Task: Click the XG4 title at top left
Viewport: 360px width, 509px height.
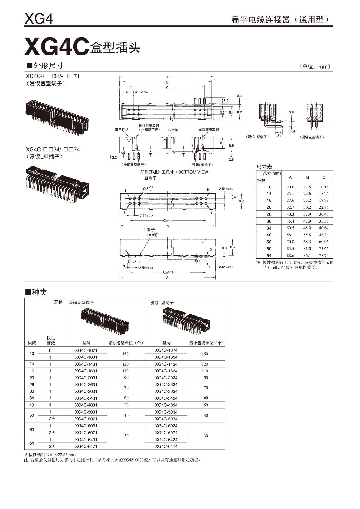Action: click(x=39, y=19)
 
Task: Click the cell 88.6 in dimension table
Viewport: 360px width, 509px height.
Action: click(x=290, y=256)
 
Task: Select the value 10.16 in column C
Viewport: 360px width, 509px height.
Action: click(x=324, y=187)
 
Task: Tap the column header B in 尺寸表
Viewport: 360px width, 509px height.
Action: click(x=307, y=177)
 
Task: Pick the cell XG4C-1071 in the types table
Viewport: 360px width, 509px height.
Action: click(x=86, y=350)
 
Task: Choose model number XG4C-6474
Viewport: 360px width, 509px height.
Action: click(x=166, y=446)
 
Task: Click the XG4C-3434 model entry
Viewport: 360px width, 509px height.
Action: click(x=166, y=398)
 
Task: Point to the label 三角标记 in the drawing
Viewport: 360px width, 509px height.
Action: click(x=122, y=130)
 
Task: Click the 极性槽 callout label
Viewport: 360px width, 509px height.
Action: click(x=173, y=130)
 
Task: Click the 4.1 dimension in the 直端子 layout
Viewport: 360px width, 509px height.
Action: click(x=236, y=197)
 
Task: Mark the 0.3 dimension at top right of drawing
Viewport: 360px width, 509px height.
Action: click(x=239, y=96)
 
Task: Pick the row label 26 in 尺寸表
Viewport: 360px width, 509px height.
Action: click(x=269, y=214)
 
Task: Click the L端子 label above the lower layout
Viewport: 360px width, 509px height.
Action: click(x=149, y=230)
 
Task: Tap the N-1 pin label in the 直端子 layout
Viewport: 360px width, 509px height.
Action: click(x=210, y=190)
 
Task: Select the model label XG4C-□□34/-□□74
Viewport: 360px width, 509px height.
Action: click(x=53, y=150)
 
